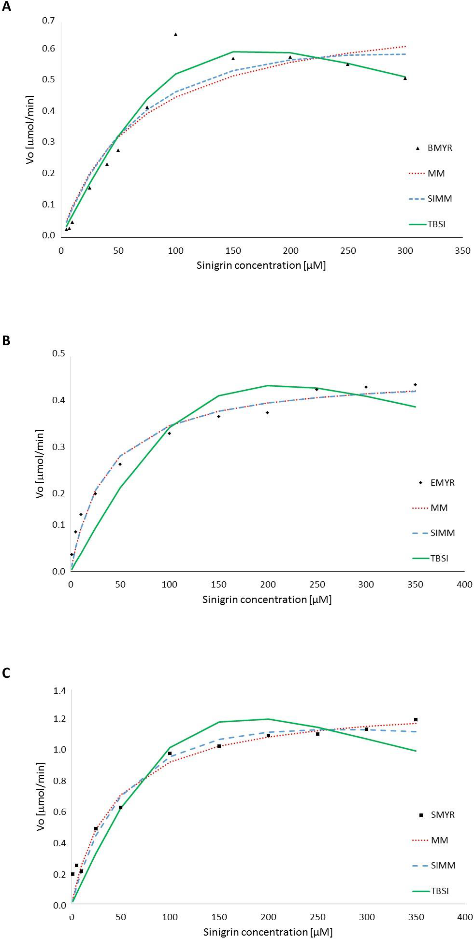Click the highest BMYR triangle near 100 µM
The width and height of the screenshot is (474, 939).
point(176,34)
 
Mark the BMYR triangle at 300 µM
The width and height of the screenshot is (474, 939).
point(405,78)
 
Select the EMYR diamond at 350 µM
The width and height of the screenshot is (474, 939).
point(415,385)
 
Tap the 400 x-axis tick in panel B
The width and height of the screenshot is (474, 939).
point(464,584)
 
